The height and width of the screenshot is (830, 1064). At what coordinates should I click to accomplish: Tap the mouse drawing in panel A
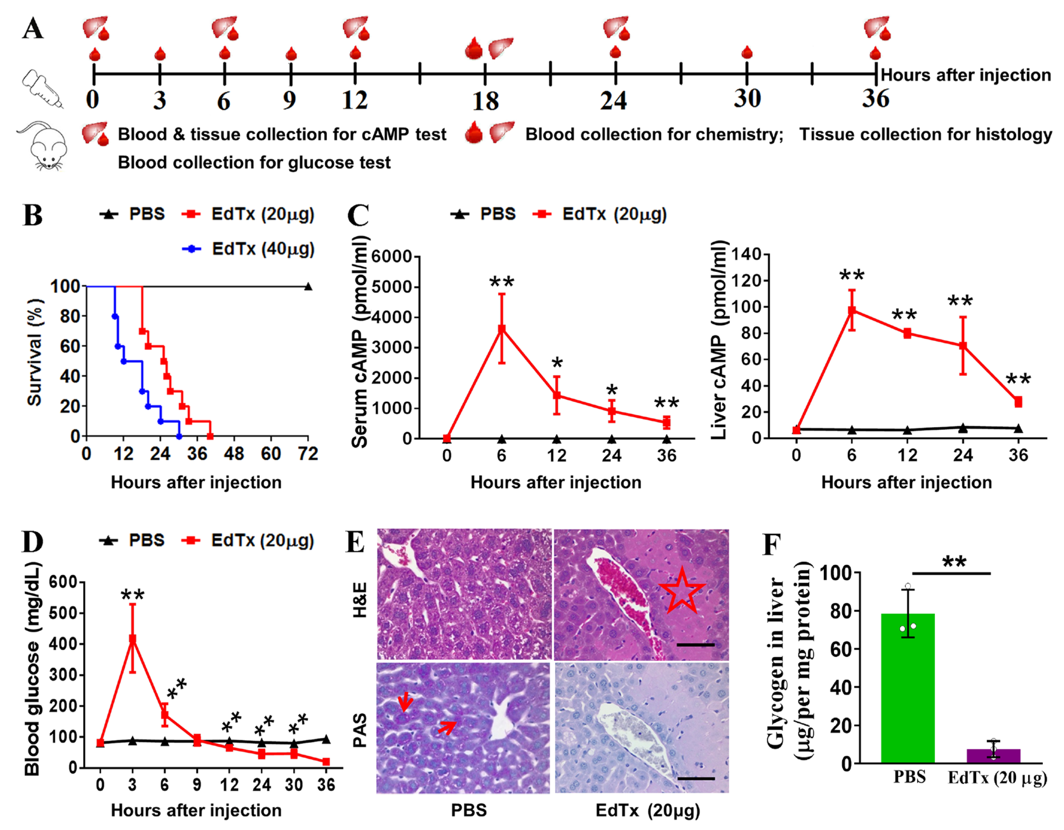[x=43, y=146]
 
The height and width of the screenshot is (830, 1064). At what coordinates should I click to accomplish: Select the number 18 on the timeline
[x=485, y=101]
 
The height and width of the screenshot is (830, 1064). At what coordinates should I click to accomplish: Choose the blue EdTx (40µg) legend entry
[x=248, y=249]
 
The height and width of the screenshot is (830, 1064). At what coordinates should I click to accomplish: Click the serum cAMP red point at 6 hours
[x=501, y=329]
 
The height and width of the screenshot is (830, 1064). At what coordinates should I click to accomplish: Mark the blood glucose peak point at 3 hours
[x=132, y=639]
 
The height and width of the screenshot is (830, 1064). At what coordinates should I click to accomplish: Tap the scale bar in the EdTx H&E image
[x=695, y=645]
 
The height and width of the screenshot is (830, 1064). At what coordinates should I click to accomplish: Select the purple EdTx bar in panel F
[x=993, y=756]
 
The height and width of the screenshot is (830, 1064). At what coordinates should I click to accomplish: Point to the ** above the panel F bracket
[x=954, y=562]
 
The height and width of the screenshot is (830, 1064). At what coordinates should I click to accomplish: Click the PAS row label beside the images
[x=360, y=730]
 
